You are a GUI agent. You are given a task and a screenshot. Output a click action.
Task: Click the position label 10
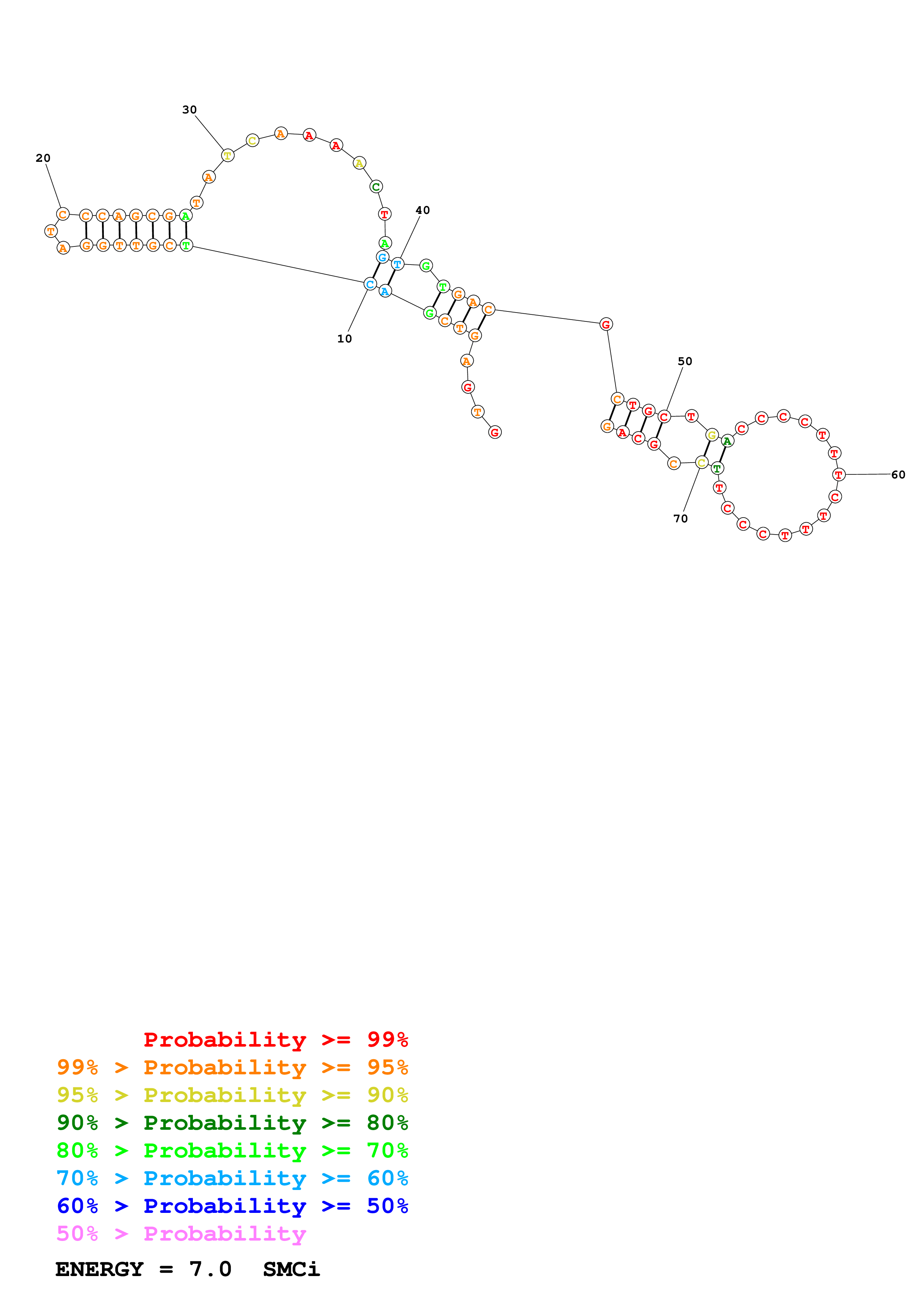(344, 339)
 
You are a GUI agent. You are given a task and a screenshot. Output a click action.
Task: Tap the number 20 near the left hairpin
(43, 158)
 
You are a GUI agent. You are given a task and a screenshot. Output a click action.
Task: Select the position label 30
(189, 109)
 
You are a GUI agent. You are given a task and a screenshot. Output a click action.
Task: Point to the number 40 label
(422, 210)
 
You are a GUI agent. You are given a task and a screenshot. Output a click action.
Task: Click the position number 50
(685, 361)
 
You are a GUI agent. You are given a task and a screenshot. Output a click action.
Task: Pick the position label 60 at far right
(898, 475)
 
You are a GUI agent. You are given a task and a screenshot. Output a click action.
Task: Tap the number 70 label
(680, 518)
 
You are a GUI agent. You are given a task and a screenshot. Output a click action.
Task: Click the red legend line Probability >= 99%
(275, 1039)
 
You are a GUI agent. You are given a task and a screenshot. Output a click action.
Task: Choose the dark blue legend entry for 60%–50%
(232, 1206)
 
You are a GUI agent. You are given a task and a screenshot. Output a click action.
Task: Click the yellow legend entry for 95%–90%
(232, 1095)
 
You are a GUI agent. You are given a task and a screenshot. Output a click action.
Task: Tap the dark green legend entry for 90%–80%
(232, 1123)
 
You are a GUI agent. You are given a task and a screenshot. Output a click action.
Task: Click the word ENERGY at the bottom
(99, 1269)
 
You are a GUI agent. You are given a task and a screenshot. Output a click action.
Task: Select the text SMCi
(291, 1269)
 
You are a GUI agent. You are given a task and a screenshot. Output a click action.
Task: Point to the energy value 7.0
(210, 1269)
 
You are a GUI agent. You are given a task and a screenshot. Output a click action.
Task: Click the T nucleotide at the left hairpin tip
(51, 231)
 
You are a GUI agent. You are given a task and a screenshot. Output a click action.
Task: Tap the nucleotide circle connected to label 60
(839, 475)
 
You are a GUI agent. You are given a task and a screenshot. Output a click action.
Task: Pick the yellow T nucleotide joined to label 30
(228, 155)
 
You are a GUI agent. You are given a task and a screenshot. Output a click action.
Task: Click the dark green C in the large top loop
(376, 187)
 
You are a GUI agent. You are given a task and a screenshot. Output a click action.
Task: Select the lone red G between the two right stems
(606, 324)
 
